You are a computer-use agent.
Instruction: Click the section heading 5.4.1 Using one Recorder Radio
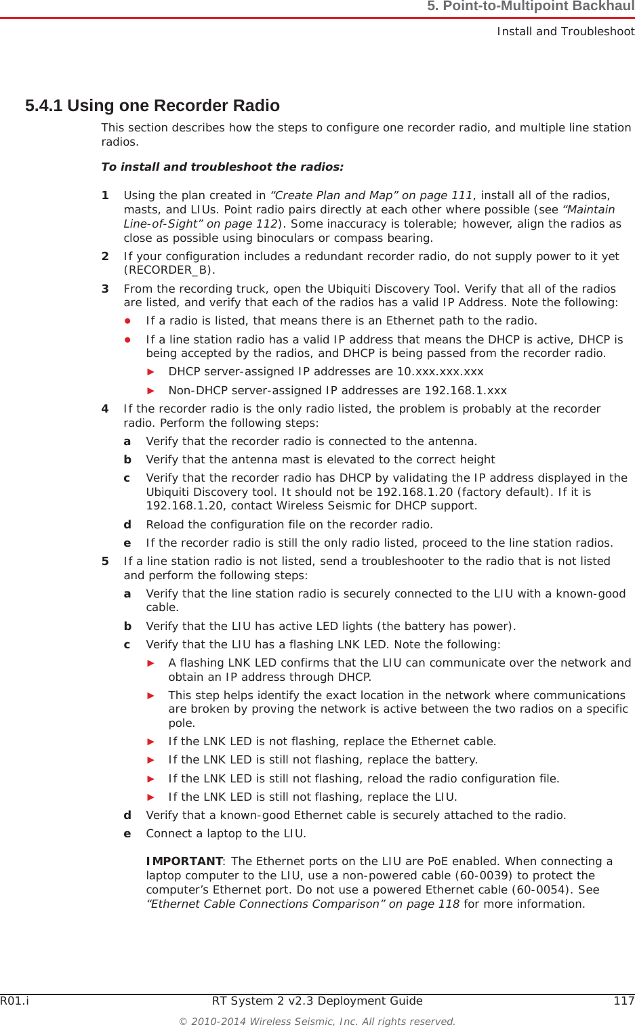click(x=152, y=106)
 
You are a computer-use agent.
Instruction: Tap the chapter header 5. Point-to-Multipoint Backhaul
click(x=530, y=7)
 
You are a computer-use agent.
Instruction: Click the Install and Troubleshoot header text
click(x=565, y=31)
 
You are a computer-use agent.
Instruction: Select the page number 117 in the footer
click(x=623, y=1001)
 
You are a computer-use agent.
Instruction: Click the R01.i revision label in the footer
click(x=14, y=1001)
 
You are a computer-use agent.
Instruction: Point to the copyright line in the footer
click(x=316, y=1021)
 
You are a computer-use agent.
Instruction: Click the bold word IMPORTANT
click(x=184, y=861)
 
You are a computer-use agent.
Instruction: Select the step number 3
click(x=105, y=289)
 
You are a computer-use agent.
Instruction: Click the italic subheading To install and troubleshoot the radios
click(x=222, y=167)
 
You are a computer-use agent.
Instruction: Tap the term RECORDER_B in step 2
click(x=169, y=270)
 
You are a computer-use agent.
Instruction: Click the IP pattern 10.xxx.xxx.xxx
click(x=440, y=371)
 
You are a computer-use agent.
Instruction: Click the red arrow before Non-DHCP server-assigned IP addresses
click(x=151, y=390)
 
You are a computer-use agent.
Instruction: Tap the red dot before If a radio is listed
click(x=127, y=320)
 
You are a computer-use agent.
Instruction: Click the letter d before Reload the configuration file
click(x=127, y=524)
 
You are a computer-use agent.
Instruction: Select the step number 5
click(x=105, y=561)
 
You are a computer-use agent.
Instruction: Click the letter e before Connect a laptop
click(x=127, y=833)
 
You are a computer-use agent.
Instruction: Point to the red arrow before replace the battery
click(x=151, y=759)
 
